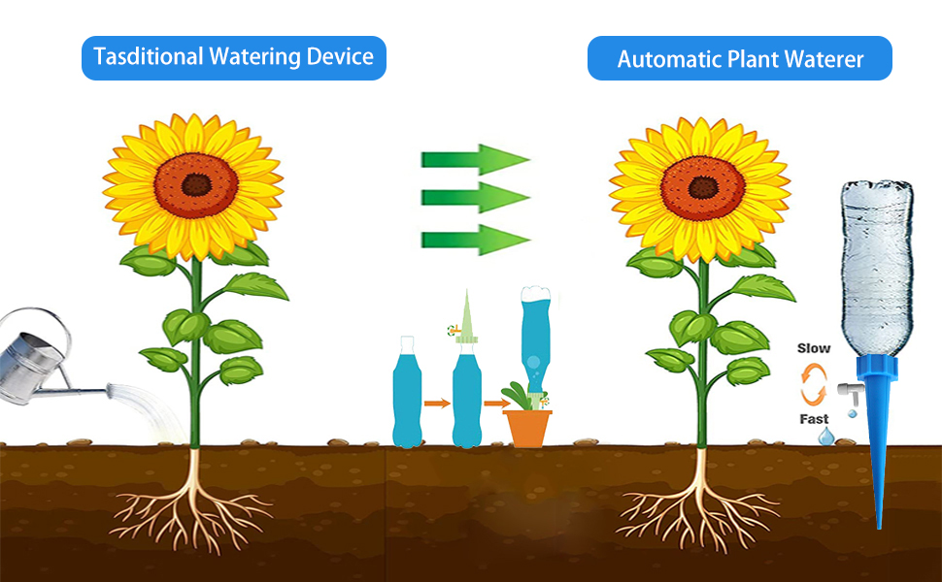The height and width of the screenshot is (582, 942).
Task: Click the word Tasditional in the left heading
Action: pyautogui.click(x=146, y=57)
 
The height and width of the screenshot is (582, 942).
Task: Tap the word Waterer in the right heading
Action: pyautogui.click(x=825, y=59)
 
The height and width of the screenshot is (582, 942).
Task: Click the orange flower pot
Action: pyautogui.click(x=528, y=428)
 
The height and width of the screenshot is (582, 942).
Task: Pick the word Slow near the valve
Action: pyautogui.click(x=814, y=348)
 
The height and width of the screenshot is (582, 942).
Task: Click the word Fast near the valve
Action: pyautogui.click(x=814, y=419)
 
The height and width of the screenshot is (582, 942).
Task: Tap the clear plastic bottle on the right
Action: pyautogui.click(x=876, y=267)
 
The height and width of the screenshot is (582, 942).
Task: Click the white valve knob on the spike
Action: pyautogui.click(x=846, y=392)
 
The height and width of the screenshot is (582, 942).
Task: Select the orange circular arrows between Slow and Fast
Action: pyautogui.click(x=814, y=384)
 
